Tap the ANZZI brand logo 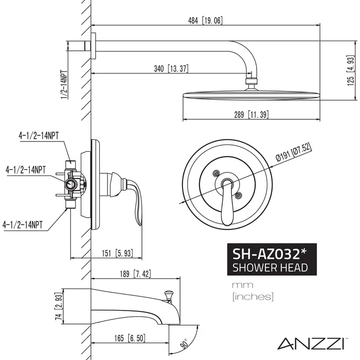pos(319,342)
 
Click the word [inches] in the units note pos(253,296)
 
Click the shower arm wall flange pos(94,45)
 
